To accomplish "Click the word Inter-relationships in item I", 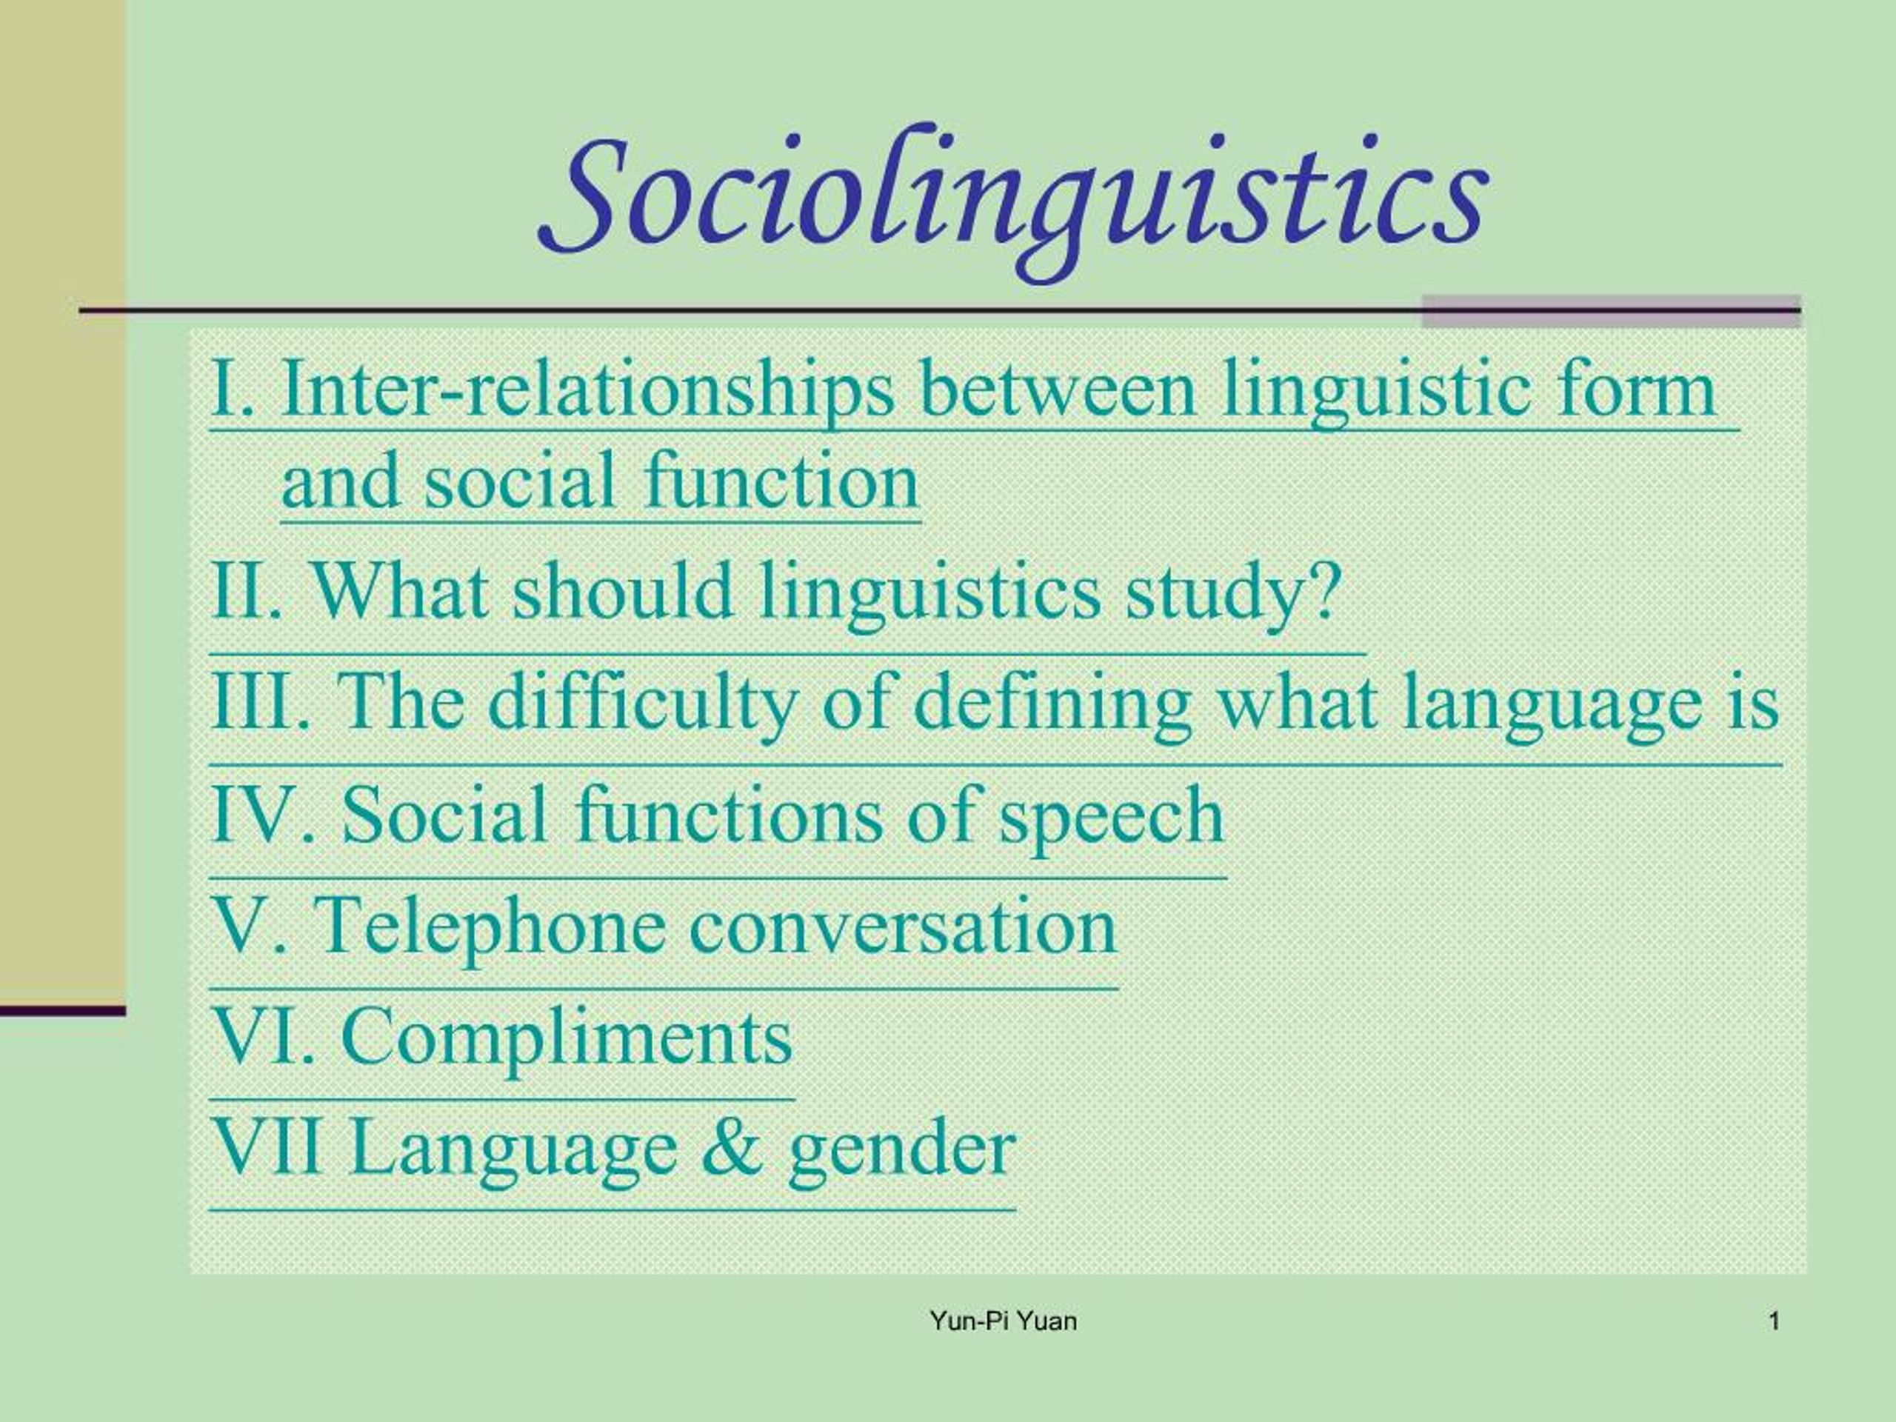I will (588, 391).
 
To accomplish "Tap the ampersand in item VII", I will (731, 1149).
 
